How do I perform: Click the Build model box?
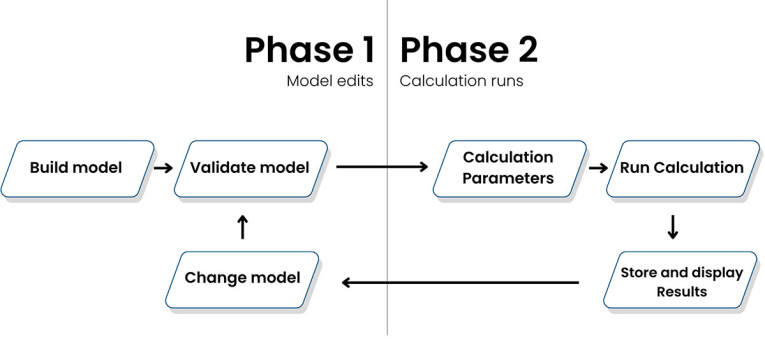76,167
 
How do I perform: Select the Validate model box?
250,167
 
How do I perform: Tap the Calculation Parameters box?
508,167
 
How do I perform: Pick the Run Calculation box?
681,167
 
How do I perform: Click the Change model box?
242,277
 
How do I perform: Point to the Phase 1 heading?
309,50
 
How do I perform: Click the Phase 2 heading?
468,50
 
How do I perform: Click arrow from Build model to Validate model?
162,167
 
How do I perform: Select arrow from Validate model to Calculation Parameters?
381,167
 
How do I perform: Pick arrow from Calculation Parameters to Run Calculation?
597,167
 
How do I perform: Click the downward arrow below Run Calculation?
672,227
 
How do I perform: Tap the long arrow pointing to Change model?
460,283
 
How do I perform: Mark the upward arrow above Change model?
241,227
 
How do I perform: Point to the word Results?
681,292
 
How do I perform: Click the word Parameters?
508,178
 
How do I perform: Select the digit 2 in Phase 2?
521,50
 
